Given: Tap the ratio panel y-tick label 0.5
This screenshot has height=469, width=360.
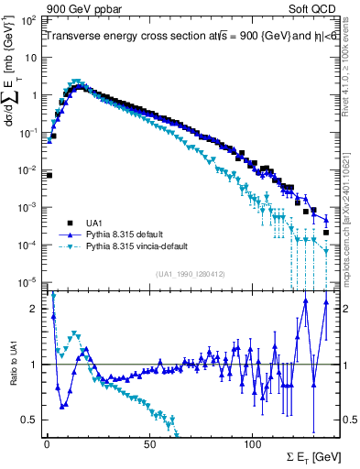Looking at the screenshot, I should tap(31, 420).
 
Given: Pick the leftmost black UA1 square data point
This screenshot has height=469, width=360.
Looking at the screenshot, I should tap(49, 175).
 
